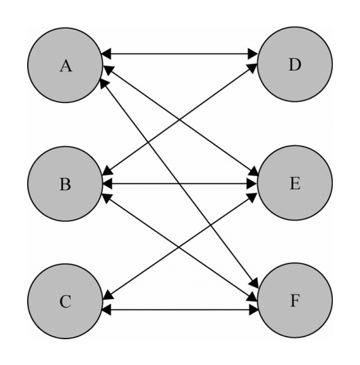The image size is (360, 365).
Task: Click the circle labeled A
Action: pos(65,65)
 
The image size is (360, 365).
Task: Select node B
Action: pos(65,184)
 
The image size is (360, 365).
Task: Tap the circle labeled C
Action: pos(65,301)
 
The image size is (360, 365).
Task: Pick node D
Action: pos(295,64)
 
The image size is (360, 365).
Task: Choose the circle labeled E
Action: pos(295,182)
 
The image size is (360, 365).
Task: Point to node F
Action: pos(295,301)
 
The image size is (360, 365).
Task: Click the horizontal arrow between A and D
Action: pos(179,54)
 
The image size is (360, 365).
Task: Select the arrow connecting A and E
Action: pos(181,121)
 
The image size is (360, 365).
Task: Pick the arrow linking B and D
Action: pos(179,119)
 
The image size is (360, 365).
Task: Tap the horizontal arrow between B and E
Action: pos(179,184)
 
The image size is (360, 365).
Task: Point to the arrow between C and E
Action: pos(179,246)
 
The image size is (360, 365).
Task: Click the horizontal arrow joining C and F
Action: pos(180,310)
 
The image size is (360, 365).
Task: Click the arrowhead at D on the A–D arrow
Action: pos(253,54)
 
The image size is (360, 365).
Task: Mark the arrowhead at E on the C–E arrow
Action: pos(252,197)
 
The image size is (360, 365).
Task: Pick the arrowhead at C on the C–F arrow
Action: pos(106,310)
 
